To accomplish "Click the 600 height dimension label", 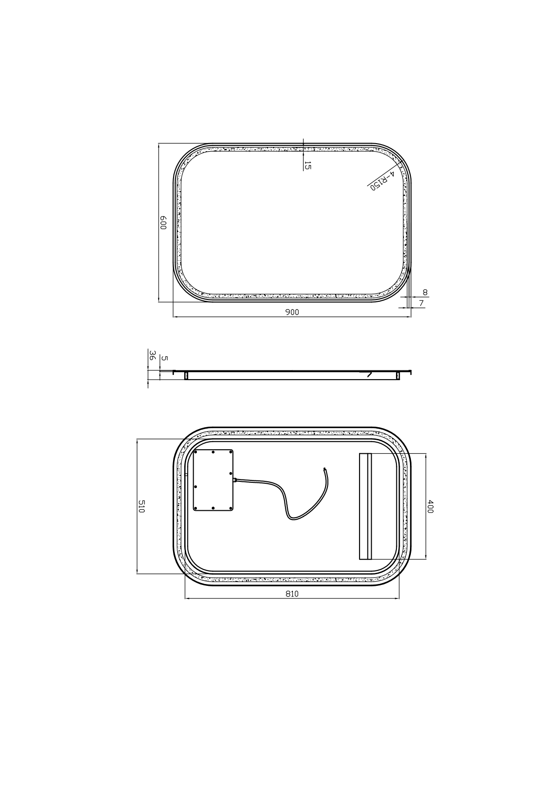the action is (x=163, y=223).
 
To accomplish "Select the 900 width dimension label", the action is (x=292, y=312).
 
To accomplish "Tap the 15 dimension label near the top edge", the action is (x=307, y=166).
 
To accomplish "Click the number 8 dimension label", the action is (x=425, y=292).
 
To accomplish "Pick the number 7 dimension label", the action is (x=422, y=303).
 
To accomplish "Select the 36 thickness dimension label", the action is (x=153, y=355).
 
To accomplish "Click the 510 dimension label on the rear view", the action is (x=141, y=507).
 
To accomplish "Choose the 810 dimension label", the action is (x=292, y=594).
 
